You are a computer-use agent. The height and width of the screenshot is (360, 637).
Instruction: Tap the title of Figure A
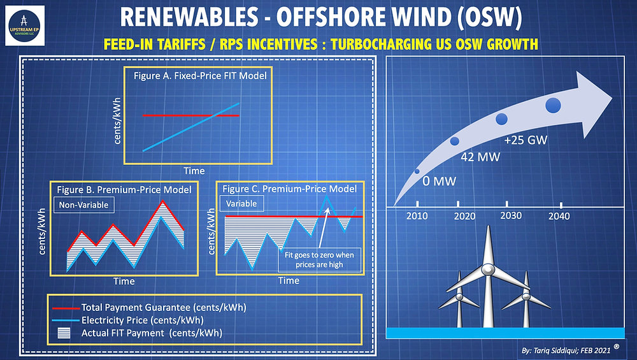(200, 75)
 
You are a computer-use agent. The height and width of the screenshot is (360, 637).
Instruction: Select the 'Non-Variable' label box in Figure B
(80, 205)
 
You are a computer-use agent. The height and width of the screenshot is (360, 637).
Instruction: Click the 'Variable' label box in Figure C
(241, 204)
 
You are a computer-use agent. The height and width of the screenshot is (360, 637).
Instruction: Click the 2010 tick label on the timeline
(417, 216)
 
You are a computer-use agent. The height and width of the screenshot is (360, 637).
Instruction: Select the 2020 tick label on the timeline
(464, 216)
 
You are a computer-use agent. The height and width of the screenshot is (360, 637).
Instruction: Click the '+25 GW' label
(526, 140)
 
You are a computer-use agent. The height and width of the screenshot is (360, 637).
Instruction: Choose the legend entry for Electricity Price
(143, 320)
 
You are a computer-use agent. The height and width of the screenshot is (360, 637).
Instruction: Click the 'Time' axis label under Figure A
(194, 171)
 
